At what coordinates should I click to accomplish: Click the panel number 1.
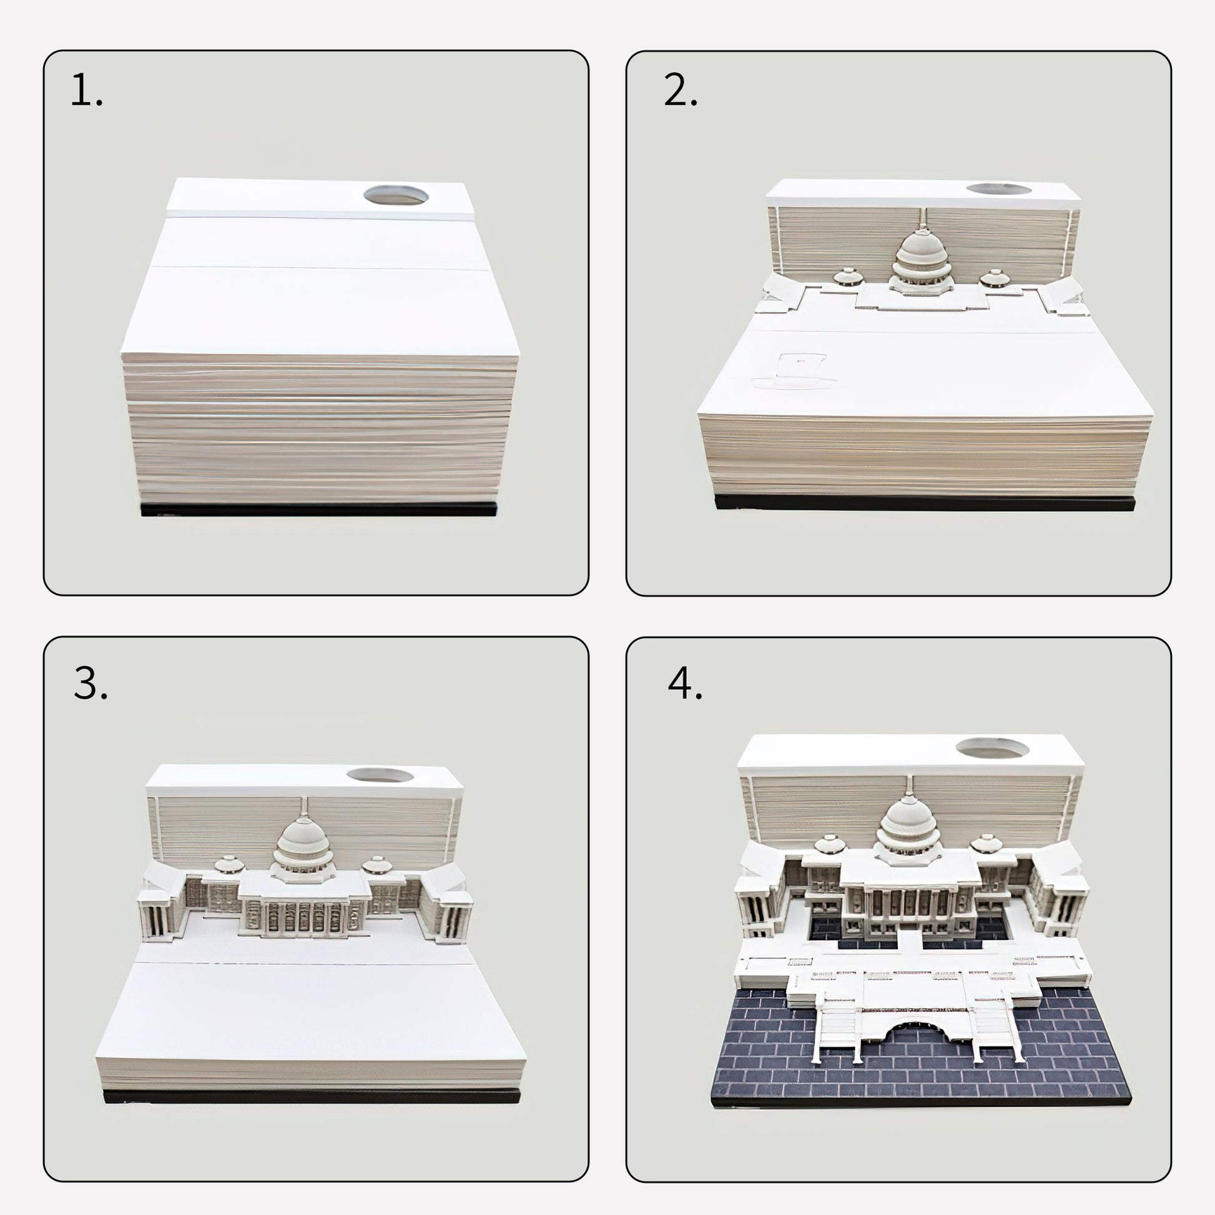(x=86, y=90)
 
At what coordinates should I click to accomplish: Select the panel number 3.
(x=91, y=683)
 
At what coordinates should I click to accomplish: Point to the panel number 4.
(x=685, y=684)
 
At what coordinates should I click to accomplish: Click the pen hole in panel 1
(x=396, y=194)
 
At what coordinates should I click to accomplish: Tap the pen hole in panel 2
(x=999, y=189)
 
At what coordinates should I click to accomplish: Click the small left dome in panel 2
(x=848, y=278)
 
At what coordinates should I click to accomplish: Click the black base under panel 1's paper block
(x=318, y=509)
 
